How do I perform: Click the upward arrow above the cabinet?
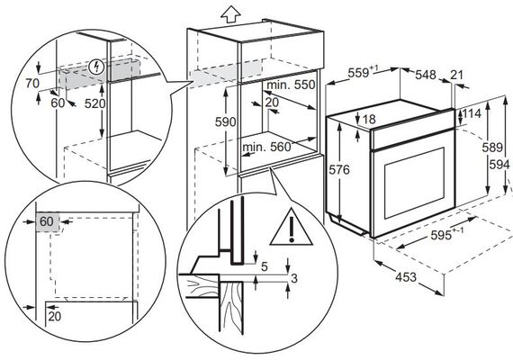coord(230,14)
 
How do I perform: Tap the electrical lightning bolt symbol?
coord(97,67)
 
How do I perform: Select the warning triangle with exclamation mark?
coord(292,227)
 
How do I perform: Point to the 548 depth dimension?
coord(426,75)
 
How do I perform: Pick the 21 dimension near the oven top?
coord(457,75)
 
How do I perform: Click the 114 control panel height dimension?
coord(472,114)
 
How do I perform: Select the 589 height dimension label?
coord(492,148)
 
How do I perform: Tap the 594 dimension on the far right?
coord(499,165)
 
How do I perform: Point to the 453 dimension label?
coord(406,277)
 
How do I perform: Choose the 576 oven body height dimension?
coord(339,169)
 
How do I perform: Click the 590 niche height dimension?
coord(225,122)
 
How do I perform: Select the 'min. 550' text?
coord(291,85)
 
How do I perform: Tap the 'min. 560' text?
coord(266,147)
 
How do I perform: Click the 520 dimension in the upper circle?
coord(95,103)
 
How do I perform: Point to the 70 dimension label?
coord(32,84)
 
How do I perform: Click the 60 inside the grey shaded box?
coord(46,221)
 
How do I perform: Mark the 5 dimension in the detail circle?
coord(265,267)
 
